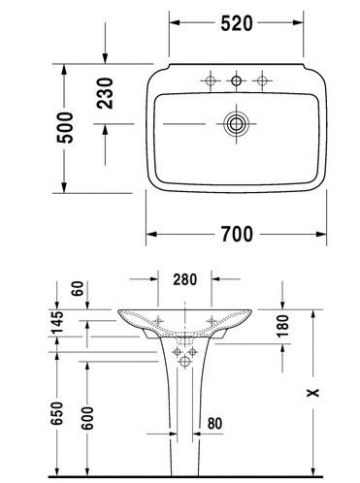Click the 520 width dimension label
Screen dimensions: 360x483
click(x=237, y=23)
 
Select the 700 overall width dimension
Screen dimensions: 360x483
click(x=237, y=234)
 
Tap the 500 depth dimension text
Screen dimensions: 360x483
click(x=65, y=128)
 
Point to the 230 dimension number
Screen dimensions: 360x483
click(x=105, y=93)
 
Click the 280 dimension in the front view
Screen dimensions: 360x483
click(x=184, y=279)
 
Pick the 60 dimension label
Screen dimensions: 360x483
click(x=78, y=289)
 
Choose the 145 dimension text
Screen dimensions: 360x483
click(x=57, y=323)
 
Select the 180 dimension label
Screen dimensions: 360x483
click(x=282, y=326)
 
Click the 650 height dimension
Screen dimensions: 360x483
click(x=57, y=413)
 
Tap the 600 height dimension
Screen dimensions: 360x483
click(x=86, y=418)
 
